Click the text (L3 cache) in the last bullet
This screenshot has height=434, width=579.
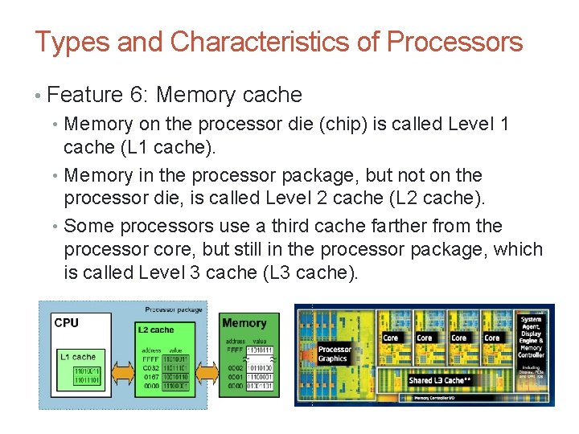tap(310, 272)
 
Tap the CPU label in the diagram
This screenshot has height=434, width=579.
tap(66, 323)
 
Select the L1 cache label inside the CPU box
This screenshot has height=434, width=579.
tap(77, 356)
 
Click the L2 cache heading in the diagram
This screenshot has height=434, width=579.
tap(155, 330)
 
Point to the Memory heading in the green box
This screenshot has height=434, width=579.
tap(244, 323)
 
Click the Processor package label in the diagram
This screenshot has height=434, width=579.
tap(174, 309)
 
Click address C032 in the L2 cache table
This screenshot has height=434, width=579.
tap(150, 368)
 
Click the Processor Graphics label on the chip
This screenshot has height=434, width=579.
tap(335, 354)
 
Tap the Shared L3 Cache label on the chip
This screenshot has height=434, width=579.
tap(437, 380)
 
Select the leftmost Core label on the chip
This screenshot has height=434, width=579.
tap(390, 338)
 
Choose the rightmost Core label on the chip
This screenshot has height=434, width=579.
tap(492, 338)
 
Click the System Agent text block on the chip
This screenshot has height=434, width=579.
tap(532, 337)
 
